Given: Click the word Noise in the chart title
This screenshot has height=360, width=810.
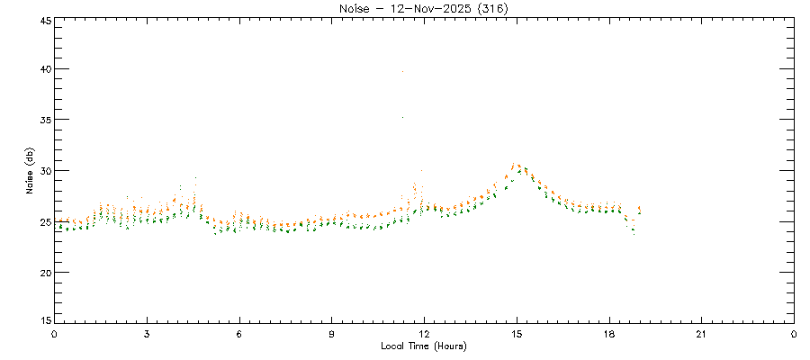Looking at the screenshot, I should [x=355, y=9].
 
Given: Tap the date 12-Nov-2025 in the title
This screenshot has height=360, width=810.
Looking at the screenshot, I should [x=422, y=9].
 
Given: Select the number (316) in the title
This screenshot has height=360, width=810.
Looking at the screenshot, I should [x=486, y=9].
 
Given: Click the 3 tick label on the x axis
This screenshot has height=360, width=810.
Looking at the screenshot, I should [x=147, y=334].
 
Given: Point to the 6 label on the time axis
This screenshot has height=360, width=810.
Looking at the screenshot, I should [x=239, y=334].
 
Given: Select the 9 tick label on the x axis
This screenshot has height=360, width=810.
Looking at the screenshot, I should [x=332, y=334].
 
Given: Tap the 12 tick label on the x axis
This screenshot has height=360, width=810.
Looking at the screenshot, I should [x=425, y=334].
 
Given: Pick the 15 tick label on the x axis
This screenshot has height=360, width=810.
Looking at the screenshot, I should [x=517, y=334].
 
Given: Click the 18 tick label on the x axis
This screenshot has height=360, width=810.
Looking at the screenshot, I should [x=609, y=334].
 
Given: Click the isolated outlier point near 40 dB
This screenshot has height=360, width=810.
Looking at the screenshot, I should [x=402, y=70].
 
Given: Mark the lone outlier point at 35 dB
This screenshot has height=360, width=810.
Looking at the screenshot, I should [x=402, y=117].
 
